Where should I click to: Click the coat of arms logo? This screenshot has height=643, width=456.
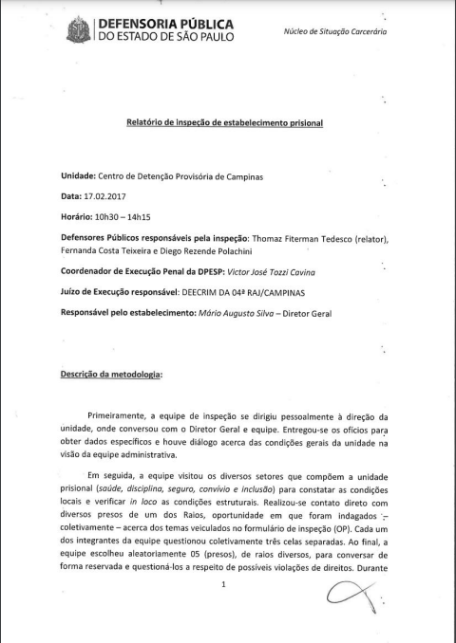pyautogui.click(x=79, y=28)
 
